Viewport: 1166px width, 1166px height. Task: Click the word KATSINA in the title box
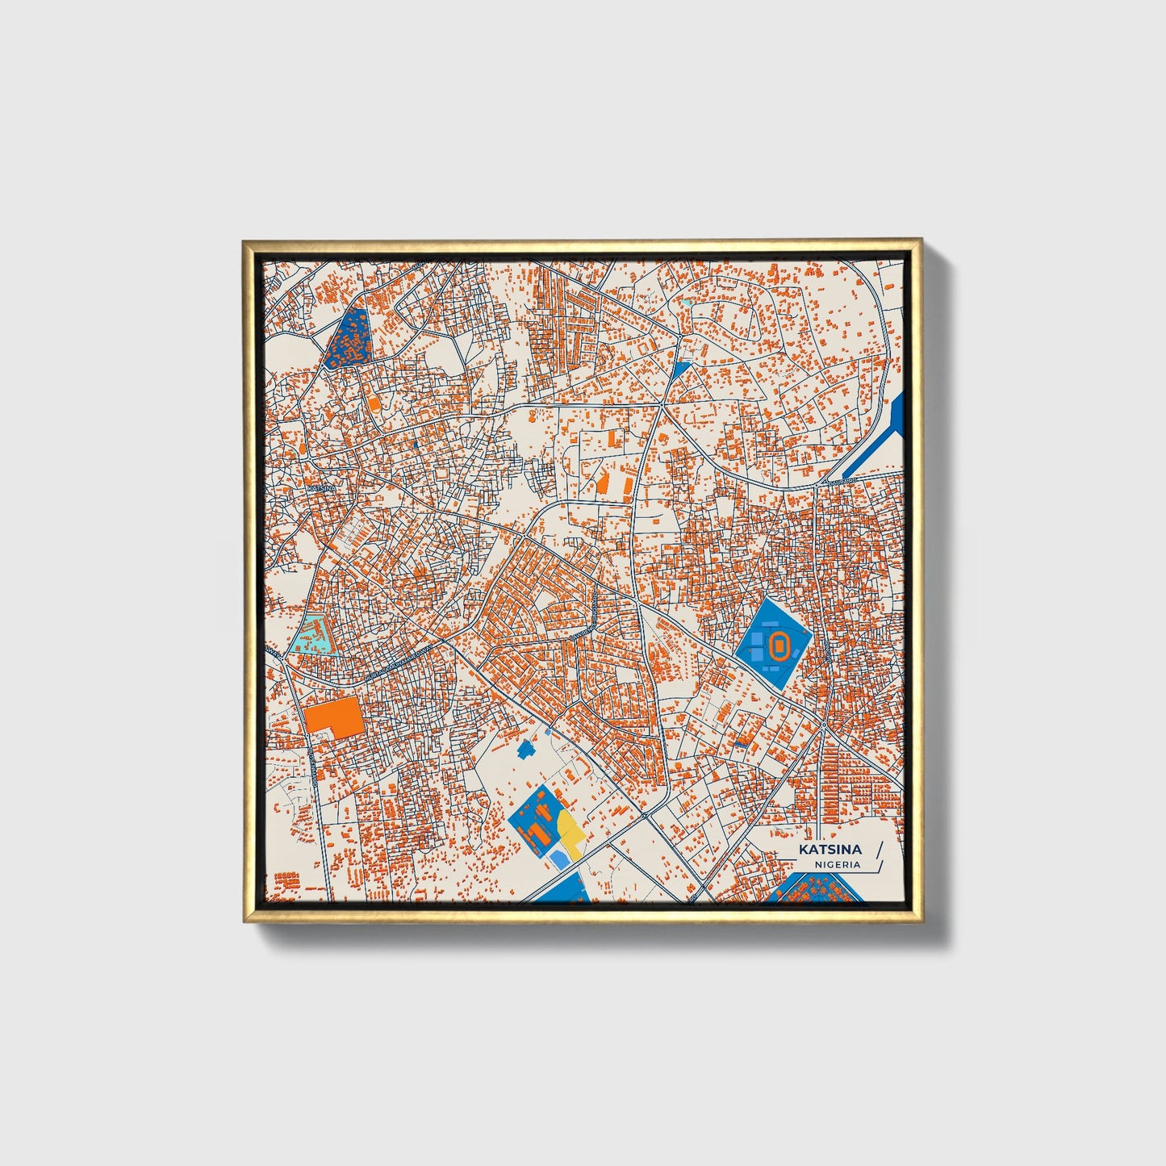point(830,849)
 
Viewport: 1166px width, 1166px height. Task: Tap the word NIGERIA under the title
point(838,864)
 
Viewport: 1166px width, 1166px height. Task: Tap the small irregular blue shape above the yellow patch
point(527,749)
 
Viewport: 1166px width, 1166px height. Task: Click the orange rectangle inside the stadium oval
point(779,645)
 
